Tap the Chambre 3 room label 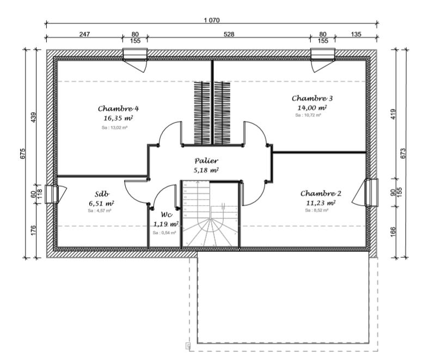(312, 98)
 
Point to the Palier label (206, 161)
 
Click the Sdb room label (102, 194)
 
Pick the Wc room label (167, 214)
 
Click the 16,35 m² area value (118, 117)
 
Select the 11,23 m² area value (320, 203)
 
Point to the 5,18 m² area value (206, 170)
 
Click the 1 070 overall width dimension (211, 20)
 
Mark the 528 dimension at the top (229, 34)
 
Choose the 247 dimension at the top (84, 34)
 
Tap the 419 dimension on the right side (393, 114)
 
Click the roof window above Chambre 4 (135, 54)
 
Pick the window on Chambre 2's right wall (372, 193)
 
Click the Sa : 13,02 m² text (114, 127)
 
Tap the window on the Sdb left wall (52, 194)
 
